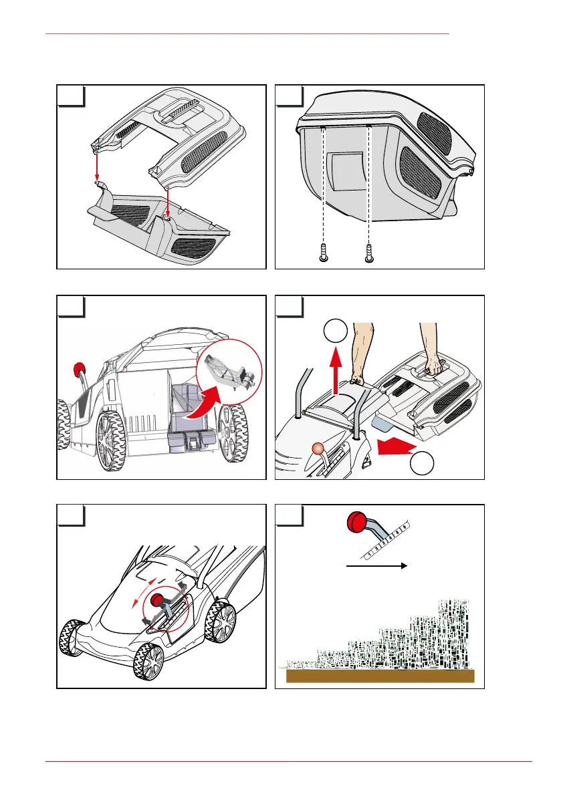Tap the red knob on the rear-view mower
coord(80,369)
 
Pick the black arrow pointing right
coord(376,565)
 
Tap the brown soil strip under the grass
coord(380,676)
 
